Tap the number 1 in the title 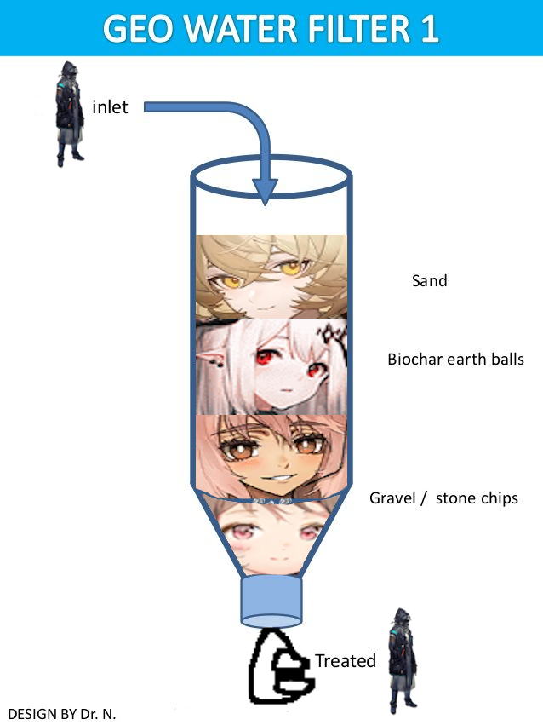coord(428,28)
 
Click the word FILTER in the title coord(353,28)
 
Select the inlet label coord(110,107)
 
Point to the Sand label coord(429,280)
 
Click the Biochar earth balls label coord(455,359)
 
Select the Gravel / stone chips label coord(443,498)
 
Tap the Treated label coord(346,661)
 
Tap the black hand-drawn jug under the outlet coord(277,670)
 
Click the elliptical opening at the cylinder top coord(270,174)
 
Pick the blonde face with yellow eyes coord(271,276)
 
